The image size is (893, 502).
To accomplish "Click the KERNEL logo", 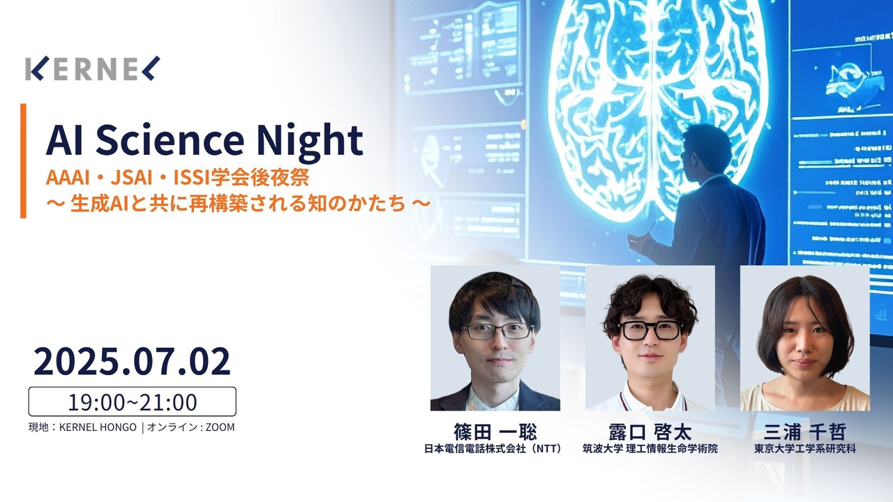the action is (x=93, y=68).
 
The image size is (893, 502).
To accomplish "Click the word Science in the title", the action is (x=170, y=139).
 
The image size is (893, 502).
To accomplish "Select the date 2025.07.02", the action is (x=132, y=361).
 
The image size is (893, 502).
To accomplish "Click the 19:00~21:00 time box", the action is (x=132, y=402).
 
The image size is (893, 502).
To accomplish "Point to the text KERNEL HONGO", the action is (x=98, y=427).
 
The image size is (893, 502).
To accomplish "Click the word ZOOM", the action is (x=220, y=427).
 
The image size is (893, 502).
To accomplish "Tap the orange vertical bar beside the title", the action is (x=23, y=161).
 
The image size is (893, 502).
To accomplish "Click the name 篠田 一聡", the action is (x=495, y=432).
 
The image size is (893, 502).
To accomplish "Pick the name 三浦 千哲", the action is (x=805, y=432).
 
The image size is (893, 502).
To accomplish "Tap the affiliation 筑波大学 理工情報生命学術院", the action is (x=650, y=448).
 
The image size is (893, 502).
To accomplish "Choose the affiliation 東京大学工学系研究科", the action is (x=805, y=448).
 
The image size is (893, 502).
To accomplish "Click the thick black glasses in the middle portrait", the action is (x=650, y=330).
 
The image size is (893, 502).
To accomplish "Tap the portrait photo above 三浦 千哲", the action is (x=805, y=338).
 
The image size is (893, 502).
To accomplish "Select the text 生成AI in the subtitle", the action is (x=96, y=204).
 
